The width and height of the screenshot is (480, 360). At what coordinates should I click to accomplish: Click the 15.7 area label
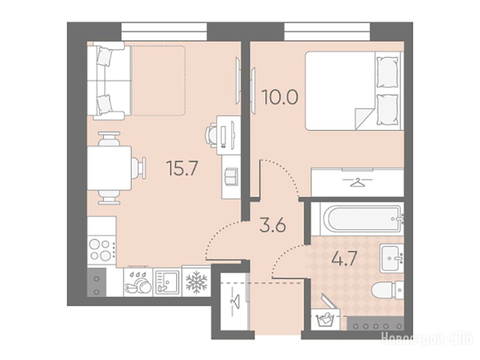[182, 168]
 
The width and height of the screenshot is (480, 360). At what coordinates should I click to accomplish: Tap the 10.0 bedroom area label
[279, 97]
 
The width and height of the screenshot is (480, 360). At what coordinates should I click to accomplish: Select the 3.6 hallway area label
[272, 226]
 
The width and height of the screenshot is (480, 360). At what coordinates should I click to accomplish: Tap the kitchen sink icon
[167, 282]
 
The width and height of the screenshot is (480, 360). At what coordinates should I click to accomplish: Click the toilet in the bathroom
[387, 289]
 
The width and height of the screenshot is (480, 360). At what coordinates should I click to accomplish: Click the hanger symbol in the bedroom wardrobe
[358, 183]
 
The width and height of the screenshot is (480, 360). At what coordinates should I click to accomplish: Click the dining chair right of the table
[139, 168]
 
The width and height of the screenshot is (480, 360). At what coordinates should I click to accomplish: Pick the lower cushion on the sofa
[104, 104]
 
